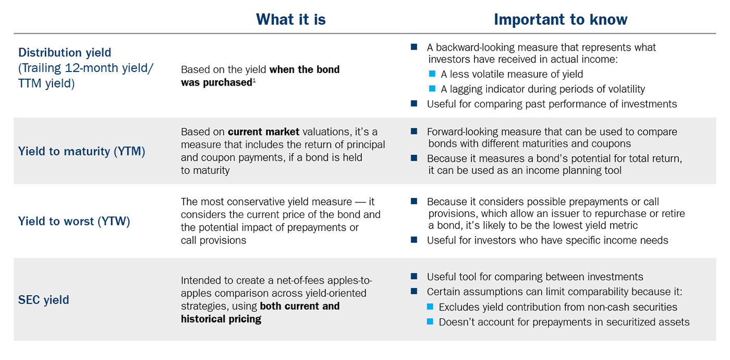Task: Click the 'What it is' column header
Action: [290, 19]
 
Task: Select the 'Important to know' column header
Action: [561, 19]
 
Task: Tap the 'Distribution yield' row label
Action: [65, 53]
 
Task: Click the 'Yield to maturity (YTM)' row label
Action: [81, 151]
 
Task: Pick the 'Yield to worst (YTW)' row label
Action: [74, 221]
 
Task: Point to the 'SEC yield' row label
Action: [44, 300]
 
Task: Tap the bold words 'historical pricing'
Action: [221, 319]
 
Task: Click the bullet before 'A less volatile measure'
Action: [432, 74]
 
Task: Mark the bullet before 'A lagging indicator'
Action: [432, 89]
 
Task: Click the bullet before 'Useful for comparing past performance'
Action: [414, 103]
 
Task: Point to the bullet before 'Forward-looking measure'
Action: [414, 131]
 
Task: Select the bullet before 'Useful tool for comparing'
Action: [414, 277]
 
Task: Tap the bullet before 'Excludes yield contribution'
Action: [430, 307]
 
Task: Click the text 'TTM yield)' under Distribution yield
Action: [46, 83]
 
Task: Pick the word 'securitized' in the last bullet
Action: [632, 322]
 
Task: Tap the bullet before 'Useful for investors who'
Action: [414, 240]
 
